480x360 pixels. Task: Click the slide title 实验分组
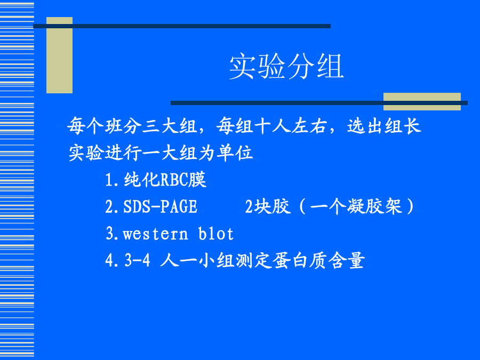pos(286,67)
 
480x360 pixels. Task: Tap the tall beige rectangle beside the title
pos(59,55)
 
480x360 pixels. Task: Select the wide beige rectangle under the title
pos(422,101)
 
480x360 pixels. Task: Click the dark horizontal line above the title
pos(182,26)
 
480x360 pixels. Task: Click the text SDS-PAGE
pos(160,206)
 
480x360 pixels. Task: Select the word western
pos(155,234)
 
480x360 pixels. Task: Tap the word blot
pos(216,234)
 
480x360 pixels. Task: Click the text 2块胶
pos(268,206)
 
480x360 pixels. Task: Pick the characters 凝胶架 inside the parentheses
pos(374,206)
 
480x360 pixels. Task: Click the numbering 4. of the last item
pos(112,261)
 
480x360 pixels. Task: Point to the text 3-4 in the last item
pos(137,260)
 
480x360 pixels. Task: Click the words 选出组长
pos(384,126)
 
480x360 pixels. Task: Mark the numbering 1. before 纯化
pos(112,180)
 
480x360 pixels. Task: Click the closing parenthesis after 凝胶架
pos(410,206)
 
